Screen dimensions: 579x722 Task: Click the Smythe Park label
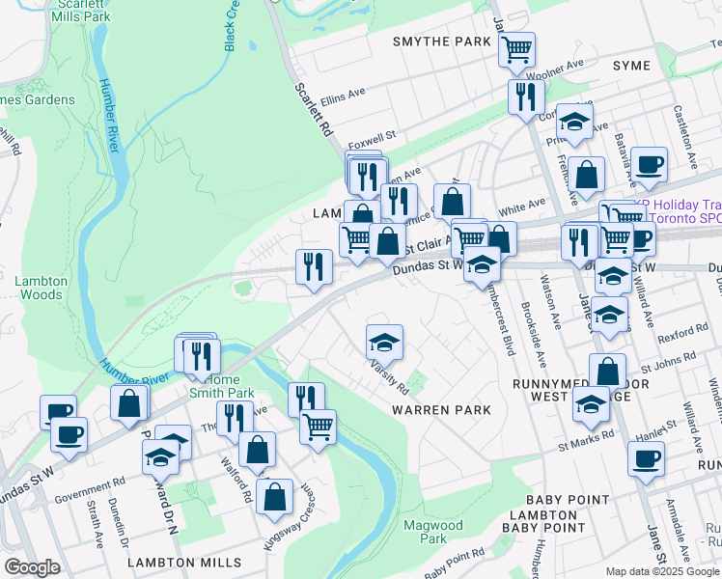click(x=442, y=41)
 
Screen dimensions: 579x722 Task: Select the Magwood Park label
click(x=427, y=531)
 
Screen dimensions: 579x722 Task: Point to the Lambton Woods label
click(x=42, y=288)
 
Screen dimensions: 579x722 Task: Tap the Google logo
click(x=32, y=567)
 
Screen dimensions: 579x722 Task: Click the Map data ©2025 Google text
click(x=662, y=571)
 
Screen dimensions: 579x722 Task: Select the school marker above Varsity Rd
click(x=384, y=342)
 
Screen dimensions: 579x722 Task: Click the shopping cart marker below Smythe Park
click(x=516, y=47)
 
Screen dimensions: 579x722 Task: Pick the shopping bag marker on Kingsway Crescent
click(x=275, y=496)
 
